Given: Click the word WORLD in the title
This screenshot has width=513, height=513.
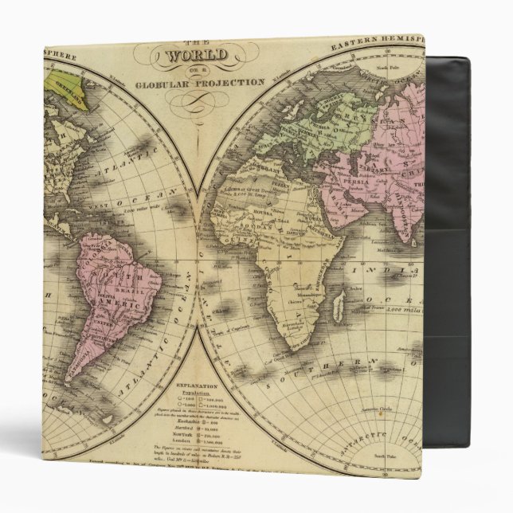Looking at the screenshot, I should pyautogui.click(x=196, y=57).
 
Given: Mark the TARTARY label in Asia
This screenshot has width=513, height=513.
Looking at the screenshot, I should pyautogui.click(x=374, y=155).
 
